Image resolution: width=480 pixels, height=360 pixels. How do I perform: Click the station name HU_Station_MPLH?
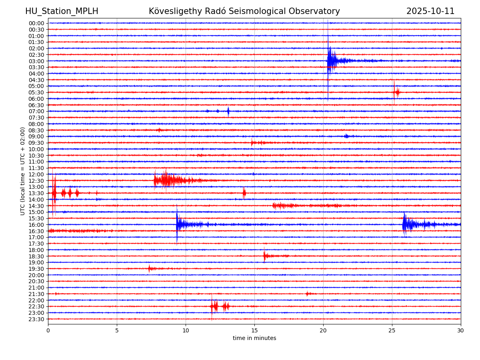click(62, 11)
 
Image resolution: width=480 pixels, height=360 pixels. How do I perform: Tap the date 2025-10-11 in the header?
click(430, 11)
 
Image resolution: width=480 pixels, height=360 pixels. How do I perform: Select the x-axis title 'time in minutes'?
click(254, 338)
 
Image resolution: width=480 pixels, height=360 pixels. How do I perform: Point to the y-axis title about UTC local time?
click(23, 171)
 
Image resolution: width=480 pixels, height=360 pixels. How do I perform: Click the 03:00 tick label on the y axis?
click(36, 61)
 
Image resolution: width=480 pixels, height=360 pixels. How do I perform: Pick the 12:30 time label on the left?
click(36, 180)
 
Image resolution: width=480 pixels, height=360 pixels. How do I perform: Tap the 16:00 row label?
click(36, 225)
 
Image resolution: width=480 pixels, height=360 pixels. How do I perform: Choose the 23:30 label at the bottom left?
click(36, 319)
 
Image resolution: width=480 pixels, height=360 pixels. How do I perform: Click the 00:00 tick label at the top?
click(36, 23)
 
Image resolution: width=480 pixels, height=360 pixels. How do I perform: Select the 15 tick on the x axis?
click(254, 330)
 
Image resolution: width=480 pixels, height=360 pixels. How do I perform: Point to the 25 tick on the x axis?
click(392, 330)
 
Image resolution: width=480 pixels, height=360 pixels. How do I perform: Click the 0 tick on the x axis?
click(48, 330)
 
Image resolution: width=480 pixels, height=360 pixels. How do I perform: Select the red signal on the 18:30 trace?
click(265, 256)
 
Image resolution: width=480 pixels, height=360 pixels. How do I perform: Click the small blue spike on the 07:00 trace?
click(228, 111)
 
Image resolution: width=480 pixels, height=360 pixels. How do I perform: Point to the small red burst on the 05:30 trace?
click(396, 92)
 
